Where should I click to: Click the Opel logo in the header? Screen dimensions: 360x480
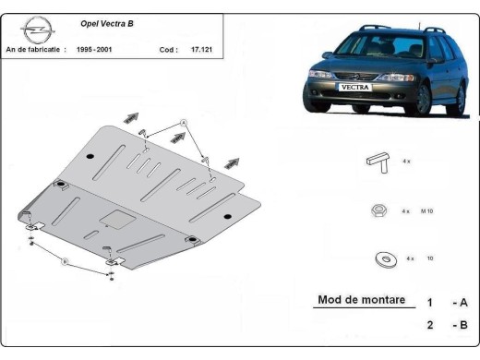[31, 31]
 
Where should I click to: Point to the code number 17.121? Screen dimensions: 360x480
[201, 49]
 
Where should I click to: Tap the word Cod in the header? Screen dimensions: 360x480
[166, 49]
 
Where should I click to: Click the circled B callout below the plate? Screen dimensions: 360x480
[65, 262]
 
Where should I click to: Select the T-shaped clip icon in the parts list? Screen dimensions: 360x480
[377, 160]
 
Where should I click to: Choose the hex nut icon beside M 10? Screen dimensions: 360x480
[377, 210]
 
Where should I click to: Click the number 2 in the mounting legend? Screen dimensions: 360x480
[429, 324]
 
